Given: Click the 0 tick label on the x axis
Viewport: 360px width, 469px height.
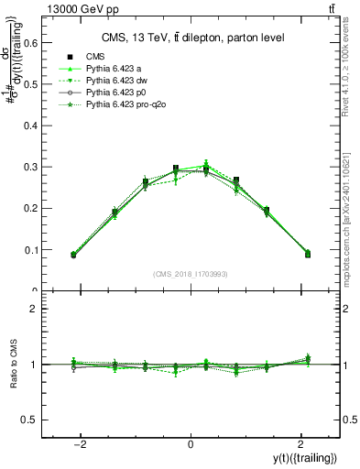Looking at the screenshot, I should click(x=191, y=443).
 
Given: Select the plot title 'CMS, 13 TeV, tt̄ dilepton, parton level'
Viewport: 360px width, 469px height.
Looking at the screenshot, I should click(x=191, y=38).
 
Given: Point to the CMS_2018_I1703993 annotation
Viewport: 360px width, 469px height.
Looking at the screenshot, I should click(x=191, y=274).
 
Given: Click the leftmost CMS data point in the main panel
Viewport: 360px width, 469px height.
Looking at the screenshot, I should click(x=73, y=255).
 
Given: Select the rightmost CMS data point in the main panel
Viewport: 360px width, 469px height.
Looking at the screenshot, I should click(x=308, y=254).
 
